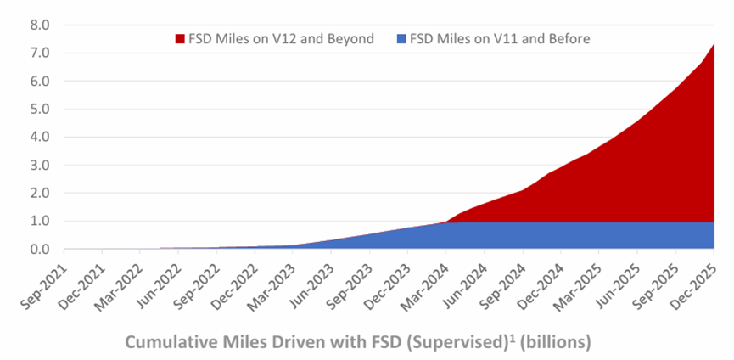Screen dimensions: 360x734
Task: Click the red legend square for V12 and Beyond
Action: click(180, 38)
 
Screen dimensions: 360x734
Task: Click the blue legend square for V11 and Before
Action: click(401, 38)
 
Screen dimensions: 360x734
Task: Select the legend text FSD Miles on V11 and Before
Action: click(500, 38)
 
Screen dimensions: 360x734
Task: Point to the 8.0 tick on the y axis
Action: click(40, 25)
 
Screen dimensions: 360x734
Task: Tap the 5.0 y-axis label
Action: click(40, 109)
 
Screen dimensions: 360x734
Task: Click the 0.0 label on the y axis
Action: click(40, 249)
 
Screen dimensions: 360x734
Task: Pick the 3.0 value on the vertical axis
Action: click(40, 165)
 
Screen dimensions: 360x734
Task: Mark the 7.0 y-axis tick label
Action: click(40, 53)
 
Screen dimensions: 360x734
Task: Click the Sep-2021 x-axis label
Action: click(47, 280)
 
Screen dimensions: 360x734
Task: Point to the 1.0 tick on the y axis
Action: click(40, 221)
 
